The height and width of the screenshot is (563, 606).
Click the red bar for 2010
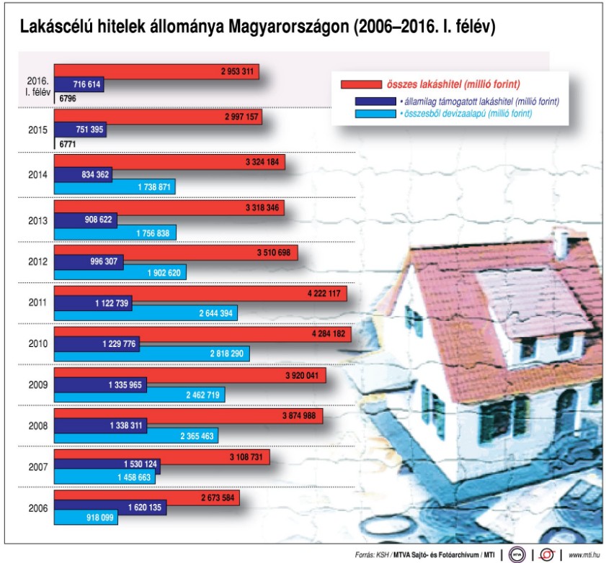coord(202,334)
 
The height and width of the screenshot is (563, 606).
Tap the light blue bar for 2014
coord(115,187)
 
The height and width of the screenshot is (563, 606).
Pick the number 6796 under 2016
coord(68,97)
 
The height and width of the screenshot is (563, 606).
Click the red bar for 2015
coord(158,117)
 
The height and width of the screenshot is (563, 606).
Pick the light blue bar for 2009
coord(139,395)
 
